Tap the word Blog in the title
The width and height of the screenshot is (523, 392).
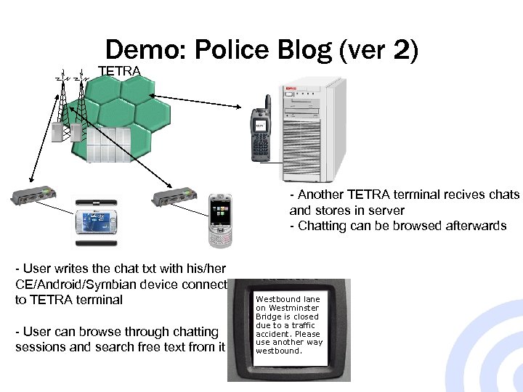click(x=309, y=52)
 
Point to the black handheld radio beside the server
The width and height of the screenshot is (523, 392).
click(x=261, y=135)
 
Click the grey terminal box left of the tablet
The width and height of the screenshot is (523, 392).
click(x=36, y=197)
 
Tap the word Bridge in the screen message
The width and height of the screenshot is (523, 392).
click(x=268, y=317)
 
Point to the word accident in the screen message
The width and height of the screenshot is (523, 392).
click(x=272, y=334)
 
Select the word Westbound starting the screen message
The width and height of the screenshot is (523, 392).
click(x=277, y=299)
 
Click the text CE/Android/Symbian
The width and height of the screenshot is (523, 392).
click(x=78, y=284)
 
